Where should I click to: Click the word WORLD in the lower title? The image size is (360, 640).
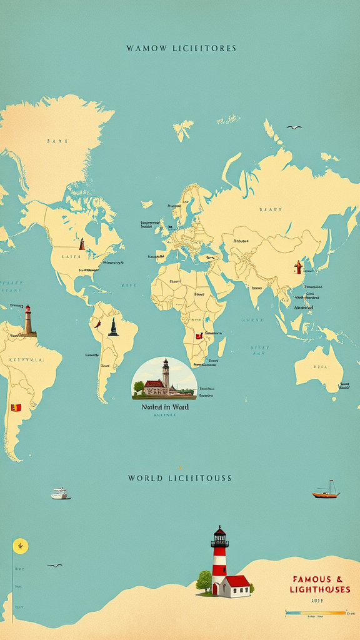point(143,478)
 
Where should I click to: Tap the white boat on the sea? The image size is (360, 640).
point(60,494)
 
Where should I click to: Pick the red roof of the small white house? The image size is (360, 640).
point(237,582)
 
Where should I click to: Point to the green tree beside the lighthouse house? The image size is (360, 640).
point(204,581)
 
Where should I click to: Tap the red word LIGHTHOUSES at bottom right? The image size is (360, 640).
point(320,589)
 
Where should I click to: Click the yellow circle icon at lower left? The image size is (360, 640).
point(21,546)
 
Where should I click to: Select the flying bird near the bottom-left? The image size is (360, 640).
point(55,566)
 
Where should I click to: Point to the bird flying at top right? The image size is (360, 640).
point(294,127)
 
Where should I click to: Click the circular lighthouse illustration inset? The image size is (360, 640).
point(164,378)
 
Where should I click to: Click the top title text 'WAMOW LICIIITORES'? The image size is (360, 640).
point(181,48)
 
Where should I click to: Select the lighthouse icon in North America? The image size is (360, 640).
point(82,244)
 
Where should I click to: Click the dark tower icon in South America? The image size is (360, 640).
point(113,327)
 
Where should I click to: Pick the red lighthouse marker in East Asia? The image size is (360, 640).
point(299,267)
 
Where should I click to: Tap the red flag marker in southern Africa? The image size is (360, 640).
point(199,336)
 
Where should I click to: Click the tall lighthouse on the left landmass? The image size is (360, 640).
point(27,321)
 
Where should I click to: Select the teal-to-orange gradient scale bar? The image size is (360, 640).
point(315,612)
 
